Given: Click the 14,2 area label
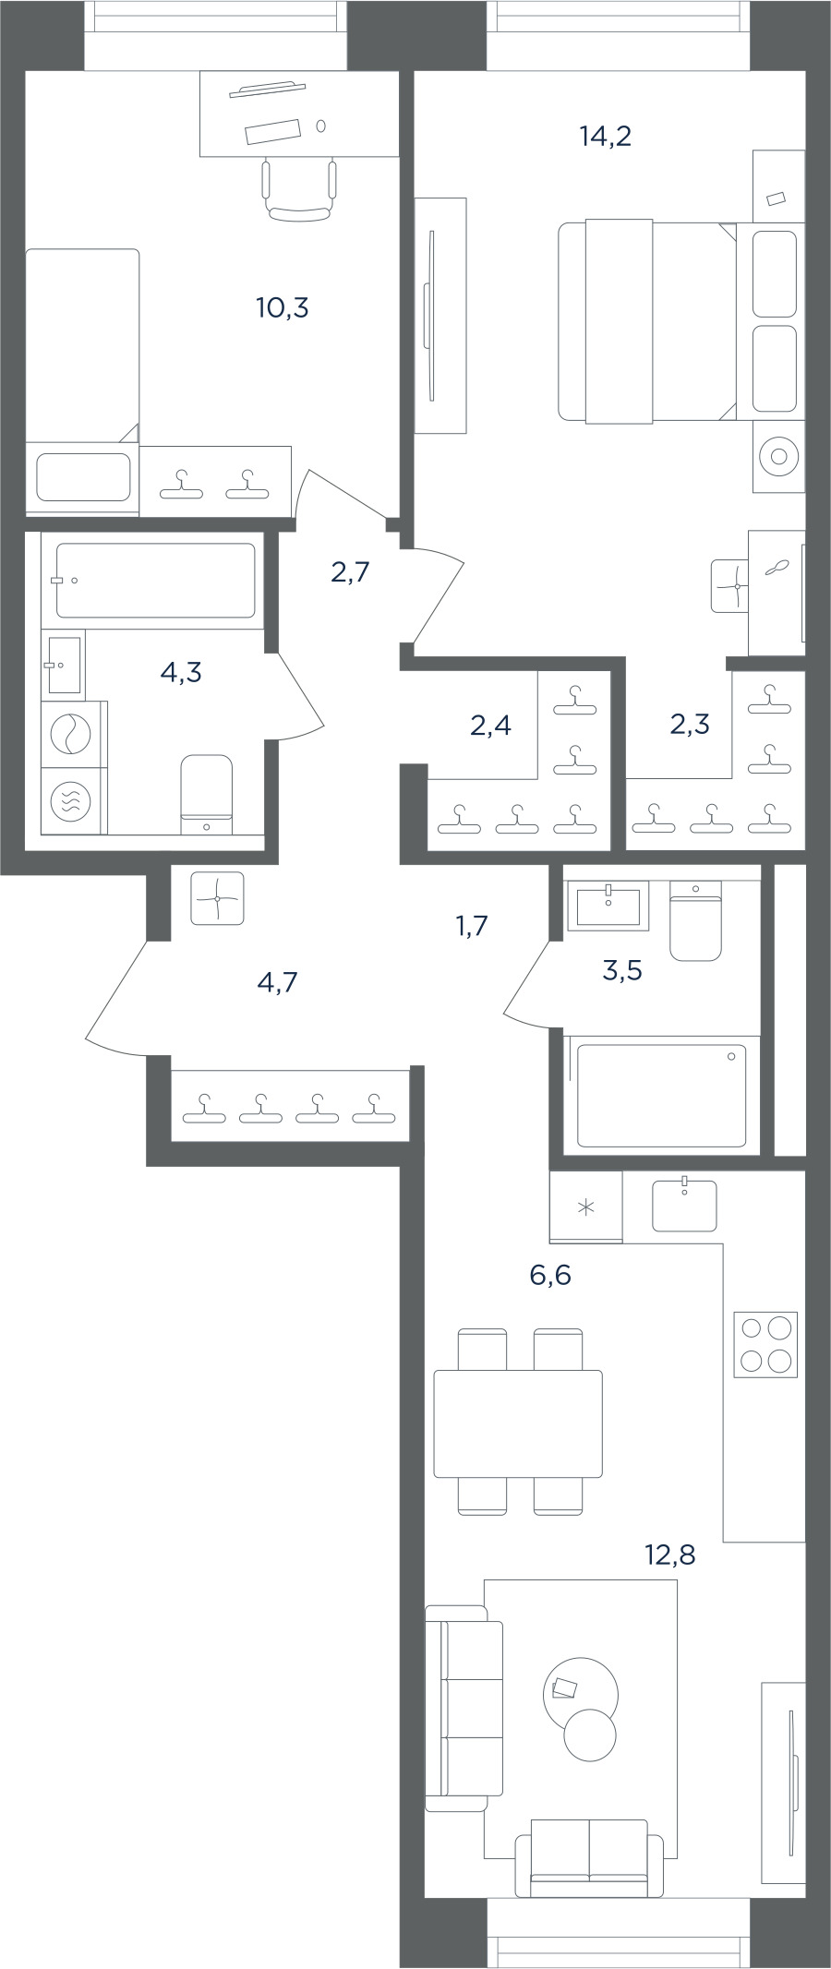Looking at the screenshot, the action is (605, 137).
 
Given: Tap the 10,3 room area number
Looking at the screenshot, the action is (283, 308).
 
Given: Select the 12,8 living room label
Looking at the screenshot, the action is (669, 1555).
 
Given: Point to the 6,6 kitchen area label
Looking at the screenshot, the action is (550, 1276).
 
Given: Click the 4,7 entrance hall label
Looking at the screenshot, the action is (277, 982).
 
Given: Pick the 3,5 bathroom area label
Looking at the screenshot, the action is (622, 971).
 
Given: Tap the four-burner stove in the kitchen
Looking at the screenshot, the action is (765, 1344).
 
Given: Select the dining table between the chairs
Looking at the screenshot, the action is (518, 1423).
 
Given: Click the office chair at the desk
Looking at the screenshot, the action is (298, 190).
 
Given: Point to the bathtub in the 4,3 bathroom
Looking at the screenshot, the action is (155, 580).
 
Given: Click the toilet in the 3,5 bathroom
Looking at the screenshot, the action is (695, 921).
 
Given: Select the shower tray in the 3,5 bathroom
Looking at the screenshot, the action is (661, 1095).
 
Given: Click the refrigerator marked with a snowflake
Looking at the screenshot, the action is (585, 1207).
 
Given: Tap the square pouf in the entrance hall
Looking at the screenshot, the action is (217, 898).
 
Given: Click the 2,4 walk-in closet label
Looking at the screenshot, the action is (490, 726).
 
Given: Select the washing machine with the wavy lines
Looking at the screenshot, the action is (70, 800).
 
